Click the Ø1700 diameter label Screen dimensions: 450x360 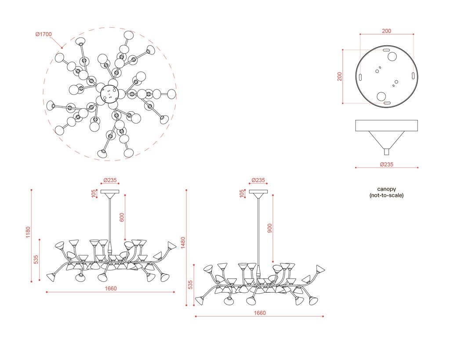(x=44, y=34)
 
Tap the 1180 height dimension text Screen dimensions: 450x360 (x=28, y=232)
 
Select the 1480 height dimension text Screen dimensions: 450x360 (x=183, y=243)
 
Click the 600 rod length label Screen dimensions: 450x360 (x=122, y=217)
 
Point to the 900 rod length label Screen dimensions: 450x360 (x=269, y=228)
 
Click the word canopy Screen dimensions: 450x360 (x=386, y=189)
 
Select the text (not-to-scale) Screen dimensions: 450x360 (x=386, y=196)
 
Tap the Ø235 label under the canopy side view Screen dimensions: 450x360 (x=386, y=164)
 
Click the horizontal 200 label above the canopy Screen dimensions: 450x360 (x=386, y=31)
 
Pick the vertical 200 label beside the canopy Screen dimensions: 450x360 (x=340, y=76)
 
